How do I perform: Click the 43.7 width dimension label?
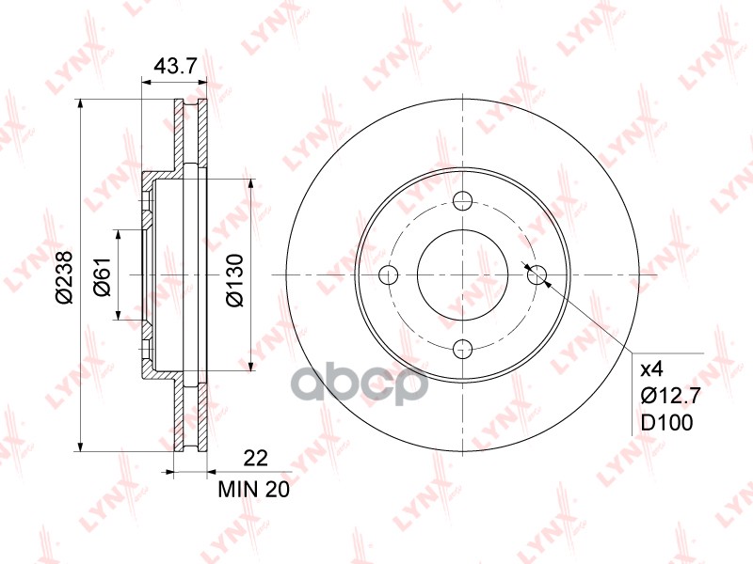pos(174,68)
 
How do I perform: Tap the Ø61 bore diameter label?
pos(103,275)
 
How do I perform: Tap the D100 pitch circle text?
pos(666,423)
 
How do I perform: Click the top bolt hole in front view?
pos(462,200)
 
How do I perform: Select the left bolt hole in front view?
pos(388,274)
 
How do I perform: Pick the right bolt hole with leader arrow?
pos(537,274)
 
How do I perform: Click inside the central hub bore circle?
pos(462,274)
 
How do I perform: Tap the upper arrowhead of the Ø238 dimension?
pos(83,103)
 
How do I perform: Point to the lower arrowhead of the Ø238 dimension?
pos(83,446)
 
